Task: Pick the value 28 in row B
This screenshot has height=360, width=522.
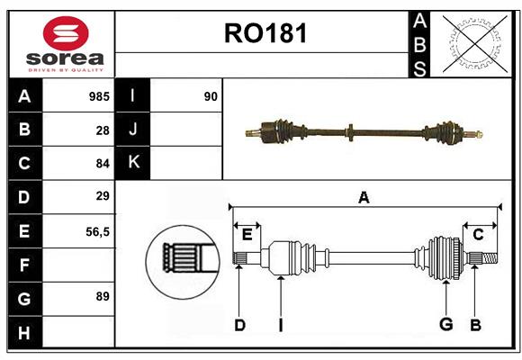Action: (103, 130)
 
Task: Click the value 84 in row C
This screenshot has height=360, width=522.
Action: (102, 164)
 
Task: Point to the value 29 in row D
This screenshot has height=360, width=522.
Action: (102, 196)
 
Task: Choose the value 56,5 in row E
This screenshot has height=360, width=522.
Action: (97, 230)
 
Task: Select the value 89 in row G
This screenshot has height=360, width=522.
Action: (102, 296)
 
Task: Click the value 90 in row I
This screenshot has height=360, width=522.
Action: (211, 95)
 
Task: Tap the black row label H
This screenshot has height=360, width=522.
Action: (24, 334)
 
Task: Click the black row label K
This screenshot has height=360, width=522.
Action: (133, 163)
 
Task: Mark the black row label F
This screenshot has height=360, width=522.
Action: (24, 265)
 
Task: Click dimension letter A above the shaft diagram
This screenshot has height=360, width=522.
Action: (364, 197)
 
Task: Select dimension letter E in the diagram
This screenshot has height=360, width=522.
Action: (247, 235)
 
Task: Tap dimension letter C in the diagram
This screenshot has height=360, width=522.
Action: (478, 235)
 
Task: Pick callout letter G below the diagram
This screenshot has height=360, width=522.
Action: (445, 325)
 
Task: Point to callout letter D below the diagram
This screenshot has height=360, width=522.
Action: (239, 325)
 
